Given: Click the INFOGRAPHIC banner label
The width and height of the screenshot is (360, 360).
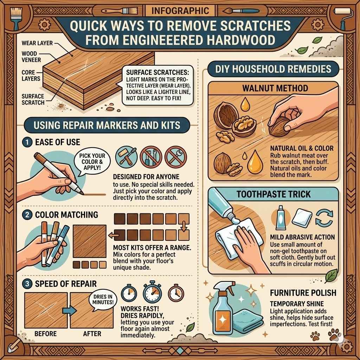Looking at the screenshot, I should (x=180, y=10).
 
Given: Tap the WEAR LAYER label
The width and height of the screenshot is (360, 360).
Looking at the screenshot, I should (x=37, y=43).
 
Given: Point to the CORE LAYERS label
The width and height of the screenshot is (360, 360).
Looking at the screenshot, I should (x=31, y=76).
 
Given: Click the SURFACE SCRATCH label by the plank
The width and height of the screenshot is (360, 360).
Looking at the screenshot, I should (x=33, y=99).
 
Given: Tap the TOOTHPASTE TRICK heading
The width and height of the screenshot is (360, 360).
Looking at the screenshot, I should (x=274, y=194).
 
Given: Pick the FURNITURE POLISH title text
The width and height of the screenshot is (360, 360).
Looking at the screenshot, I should (x=303, y=292).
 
